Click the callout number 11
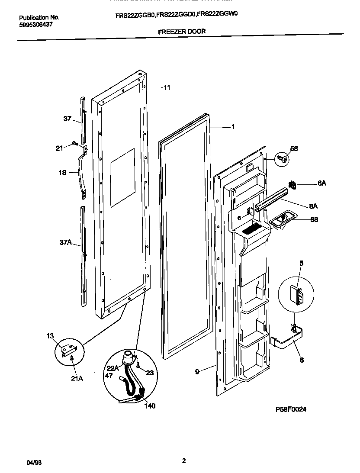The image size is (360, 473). click(167, 87)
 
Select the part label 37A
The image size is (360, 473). click(65, 243)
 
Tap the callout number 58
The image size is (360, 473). click(294, 148)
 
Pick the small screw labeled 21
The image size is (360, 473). click(74, 143)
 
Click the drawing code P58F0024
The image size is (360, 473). click(291, 409)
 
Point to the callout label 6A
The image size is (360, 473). click(321, 183)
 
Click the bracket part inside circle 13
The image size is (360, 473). click(69, 349)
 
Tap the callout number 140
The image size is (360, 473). click(149, 406)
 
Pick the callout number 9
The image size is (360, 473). click(197, 371)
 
